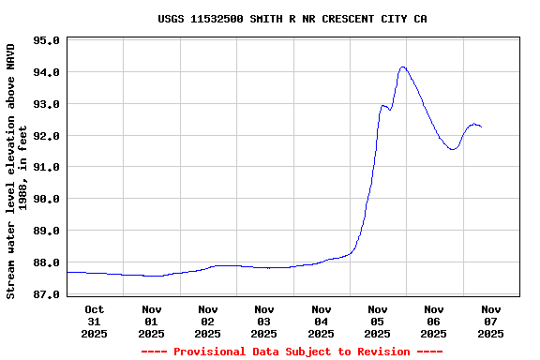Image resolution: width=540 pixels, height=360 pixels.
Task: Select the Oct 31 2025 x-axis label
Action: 95,321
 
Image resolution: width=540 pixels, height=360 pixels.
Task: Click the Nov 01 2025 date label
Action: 151,321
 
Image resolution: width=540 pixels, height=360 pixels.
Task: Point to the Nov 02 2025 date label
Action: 208,321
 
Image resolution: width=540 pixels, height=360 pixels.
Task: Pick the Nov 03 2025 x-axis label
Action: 264,321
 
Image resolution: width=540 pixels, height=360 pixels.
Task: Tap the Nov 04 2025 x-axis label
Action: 321,321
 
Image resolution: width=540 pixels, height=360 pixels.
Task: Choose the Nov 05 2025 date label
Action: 377,321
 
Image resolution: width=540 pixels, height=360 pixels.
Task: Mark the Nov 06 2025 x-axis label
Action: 434,321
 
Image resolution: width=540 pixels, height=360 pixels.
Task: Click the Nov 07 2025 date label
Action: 490,321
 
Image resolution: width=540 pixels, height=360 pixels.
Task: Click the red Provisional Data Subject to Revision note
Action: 292,352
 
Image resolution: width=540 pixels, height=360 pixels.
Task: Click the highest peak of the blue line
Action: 403,67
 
